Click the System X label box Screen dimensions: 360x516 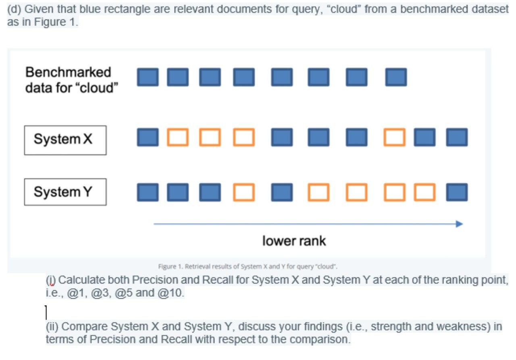pos(65,140)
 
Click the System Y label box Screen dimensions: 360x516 pos(65,192)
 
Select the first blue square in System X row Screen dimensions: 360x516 pos(148,137)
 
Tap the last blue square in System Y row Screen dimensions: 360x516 pos(457,192)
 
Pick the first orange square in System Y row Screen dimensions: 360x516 pos(244,192)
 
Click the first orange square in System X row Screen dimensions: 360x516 pos(178,137)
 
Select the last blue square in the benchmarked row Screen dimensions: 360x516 pos(396,77)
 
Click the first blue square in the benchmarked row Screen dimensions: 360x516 pos(148,77)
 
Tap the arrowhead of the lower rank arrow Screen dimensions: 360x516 pos(460,224)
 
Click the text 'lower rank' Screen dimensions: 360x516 pos(294,241)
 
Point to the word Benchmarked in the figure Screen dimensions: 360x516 pos(68,72)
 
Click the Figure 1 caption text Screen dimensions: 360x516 pos(248,266)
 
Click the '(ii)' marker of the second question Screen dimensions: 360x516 pos(52,326)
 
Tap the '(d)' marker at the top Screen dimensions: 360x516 pos(15,9)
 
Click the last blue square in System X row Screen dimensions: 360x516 pos(457,137)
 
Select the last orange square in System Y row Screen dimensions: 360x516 pos(425,192)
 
